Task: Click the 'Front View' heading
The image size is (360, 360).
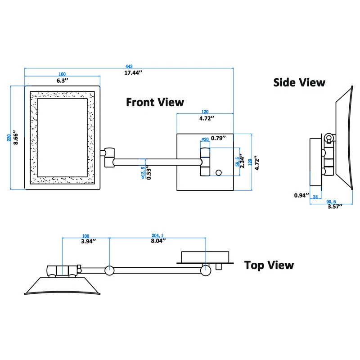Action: pos(155,102)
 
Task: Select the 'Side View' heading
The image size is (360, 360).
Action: pos(299,82)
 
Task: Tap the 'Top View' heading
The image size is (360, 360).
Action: pos(269,265)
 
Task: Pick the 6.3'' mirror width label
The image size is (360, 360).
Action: pos(62,81)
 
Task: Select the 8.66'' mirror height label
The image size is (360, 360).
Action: pos(17,137)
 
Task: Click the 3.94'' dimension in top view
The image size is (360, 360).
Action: pos(86,241)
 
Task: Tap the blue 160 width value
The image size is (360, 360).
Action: pos(62,74)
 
